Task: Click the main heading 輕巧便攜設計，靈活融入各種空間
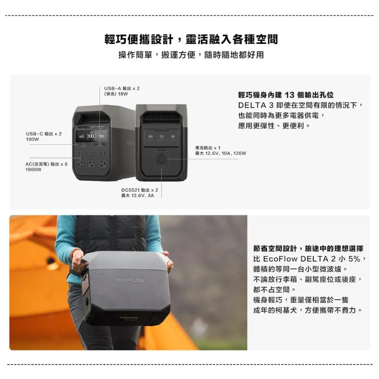pos(191,39)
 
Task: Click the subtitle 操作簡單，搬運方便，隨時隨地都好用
pos(191,55)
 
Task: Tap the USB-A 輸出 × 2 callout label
pos(122,88)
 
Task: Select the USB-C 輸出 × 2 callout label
pos(44,133)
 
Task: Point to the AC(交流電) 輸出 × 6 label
pos(46,164)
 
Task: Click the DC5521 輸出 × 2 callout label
pos(139,190)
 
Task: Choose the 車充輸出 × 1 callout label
pos(208,147)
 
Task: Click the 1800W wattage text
pos(34,170)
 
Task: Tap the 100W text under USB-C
pos(32,139)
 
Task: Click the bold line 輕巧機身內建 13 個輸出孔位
pos(285,95)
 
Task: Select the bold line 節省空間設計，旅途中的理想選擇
pos(308,248)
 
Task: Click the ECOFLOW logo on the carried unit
pos(130,280)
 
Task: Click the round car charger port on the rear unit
pos(161,158)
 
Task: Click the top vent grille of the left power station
pos(92,118)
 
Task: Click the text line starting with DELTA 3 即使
pos(300,105)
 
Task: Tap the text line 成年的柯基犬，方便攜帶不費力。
pos(308,310)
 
